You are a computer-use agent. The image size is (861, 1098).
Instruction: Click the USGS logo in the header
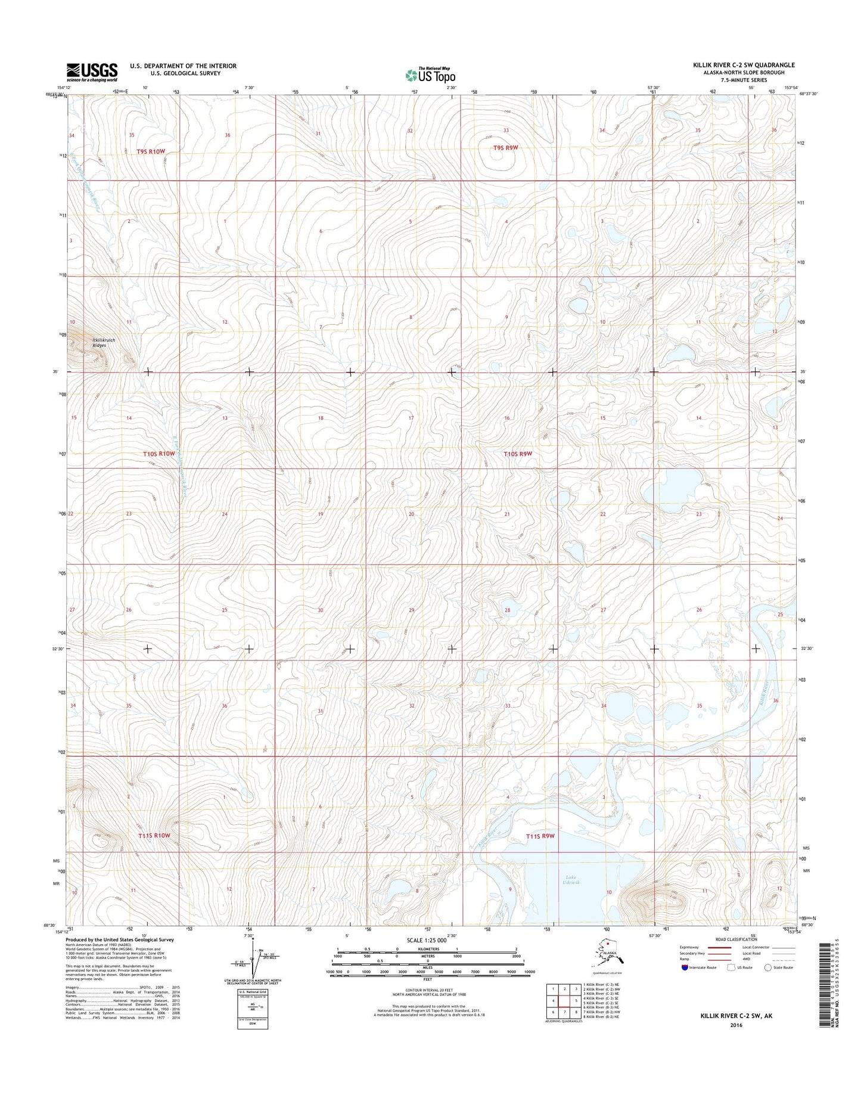coord(92,72)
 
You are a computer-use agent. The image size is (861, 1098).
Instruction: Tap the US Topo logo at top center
coord(430,75)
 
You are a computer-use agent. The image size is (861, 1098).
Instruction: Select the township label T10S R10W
coord(159,454)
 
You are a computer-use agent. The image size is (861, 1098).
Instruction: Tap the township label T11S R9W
coord(540,836)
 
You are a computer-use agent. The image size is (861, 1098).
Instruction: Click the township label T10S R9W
coord(517,454)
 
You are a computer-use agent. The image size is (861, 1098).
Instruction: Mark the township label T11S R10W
coord(154,836)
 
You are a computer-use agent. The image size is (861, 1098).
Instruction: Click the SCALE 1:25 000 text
coord(427,940)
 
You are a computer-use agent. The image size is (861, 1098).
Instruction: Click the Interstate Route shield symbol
coord(685,967)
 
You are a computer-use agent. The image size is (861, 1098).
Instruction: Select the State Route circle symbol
coord(768,967)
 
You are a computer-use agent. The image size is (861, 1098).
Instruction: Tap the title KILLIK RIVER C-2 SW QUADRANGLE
coord(748,65)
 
